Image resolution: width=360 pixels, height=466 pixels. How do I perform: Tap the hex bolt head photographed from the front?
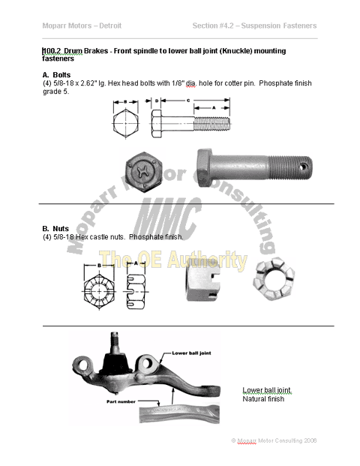pyautogui.click(x=144, y=170)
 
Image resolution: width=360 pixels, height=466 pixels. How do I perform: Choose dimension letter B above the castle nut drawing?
pyautogui.click(x=99, y=265)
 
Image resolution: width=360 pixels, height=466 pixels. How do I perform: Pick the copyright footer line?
pyautogui.click(x=274, y=440)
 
